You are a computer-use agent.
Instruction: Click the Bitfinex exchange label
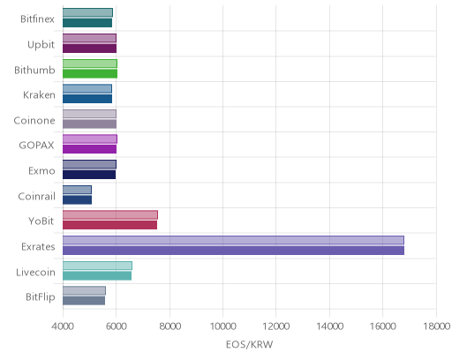(x=37, y=19)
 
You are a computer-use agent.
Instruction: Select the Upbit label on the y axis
(x=41, y=45)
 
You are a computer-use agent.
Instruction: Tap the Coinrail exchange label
(x=36, y=196)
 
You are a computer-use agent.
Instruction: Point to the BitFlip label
(x=41, y=297)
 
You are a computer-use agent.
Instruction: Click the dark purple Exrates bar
(x=233, y=251)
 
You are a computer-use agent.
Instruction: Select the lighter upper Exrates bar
(x=233, y=240)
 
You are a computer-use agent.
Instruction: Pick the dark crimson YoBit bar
(x=109, y=225)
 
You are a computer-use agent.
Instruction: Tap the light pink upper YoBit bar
(x=110, y=215)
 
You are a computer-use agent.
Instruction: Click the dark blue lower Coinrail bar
(x=77, y=200)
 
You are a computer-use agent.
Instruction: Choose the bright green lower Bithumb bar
(x=90, y=74)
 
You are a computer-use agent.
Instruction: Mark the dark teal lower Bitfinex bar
(x=87, y=23)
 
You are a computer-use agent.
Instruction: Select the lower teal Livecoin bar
(x=97, y=276)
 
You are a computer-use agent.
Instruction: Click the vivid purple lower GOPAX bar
(x=89, y=149)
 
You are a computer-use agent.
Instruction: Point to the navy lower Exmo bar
(x=89, y=175)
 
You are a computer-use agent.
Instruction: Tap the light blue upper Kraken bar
(x=87, y=89)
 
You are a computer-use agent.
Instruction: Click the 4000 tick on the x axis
(x=63, y=326)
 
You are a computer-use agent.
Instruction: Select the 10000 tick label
(x=222, y=326)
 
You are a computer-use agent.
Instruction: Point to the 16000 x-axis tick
(x=382, y=326)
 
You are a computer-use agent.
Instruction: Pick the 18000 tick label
(x=436, y=326)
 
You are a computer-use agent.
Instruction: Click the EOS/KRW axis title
(x=249, y=344)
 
